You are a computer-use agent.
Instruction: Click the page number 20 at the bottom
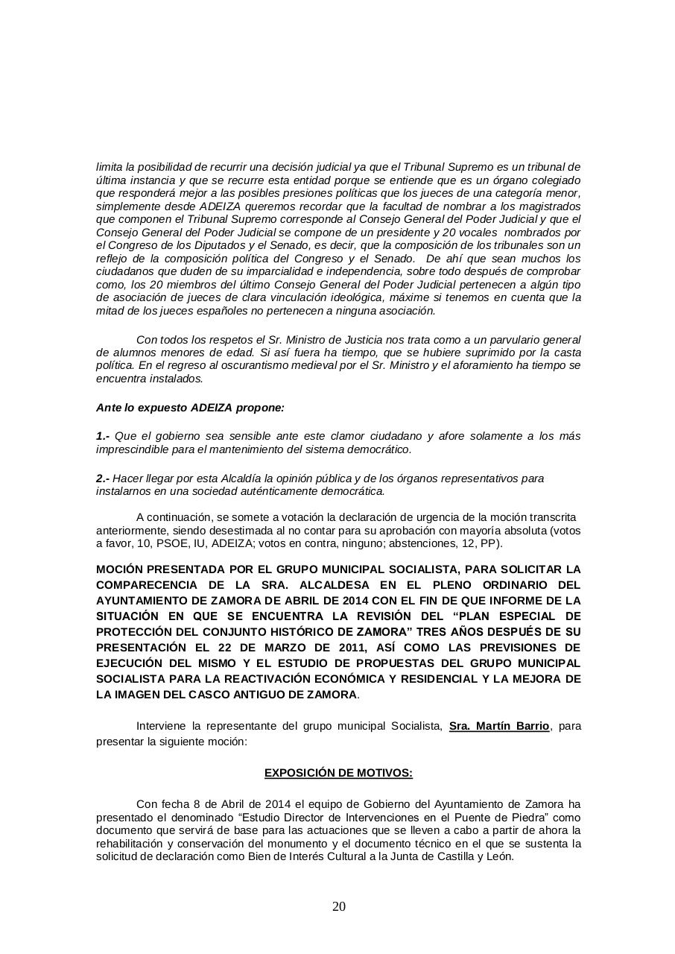coord(338,906)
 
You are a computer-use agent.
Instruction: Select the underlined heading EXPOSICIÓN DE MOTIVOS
coord(338,773)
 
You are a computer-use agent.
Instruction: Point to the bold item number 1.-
coord(103,436)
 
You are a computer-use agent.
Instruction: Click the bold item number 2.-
coord(103,478)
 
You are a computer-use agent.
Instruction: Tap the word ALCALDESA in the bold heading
coord(329,585)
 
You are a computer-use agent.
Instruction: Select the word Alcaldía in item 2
coord(231,478)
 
